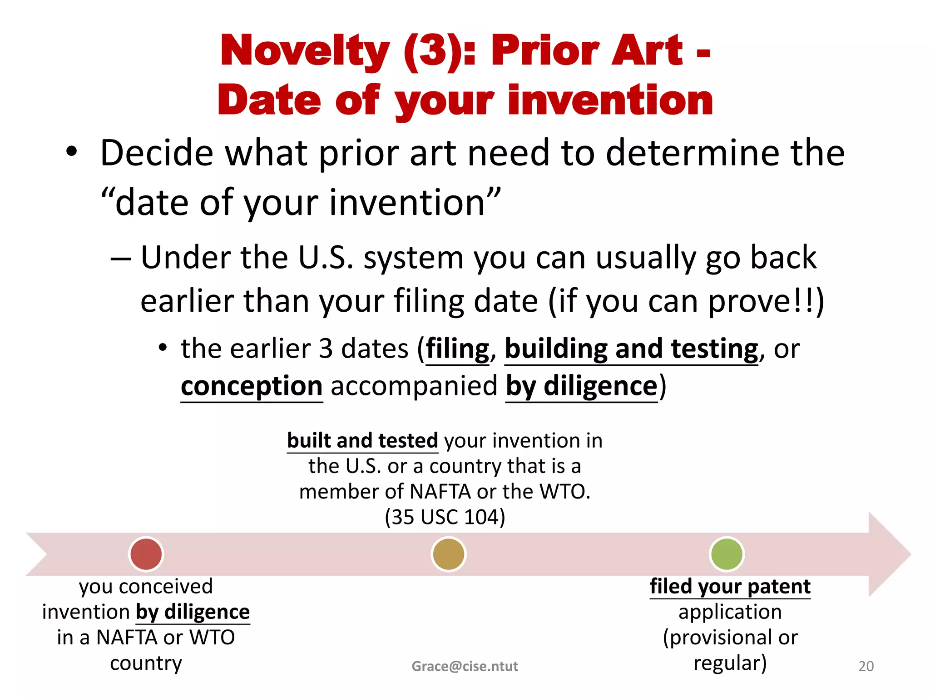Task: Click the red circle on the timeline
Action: coord(146,554)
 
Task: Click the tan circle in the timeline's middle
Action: coord(448,554)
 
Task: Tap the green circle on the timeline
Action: coord(726,554)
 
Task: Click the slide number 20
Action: coord(866,666)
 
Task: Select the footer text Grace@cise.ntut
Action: coord(465,666)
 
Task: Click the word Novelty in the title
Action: coord(305,51)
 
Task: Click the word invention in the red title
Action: coord(610,101)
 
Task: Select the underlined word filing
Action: coord(458,349)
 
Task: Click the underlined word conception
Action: coord(252,386)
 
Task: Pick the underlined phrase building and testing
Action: coord(631,349)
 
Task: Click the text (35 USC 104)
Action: coord(445,517)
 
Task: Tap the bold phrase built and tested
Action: coord(362,441)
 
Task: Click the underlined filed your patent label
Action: coord(730,587)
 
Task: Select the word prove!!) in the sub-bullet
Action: coord(766,301)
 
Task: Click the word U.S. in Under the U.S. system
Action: coord(325,258)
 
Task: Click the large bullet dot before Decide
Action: coord(71,152)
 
